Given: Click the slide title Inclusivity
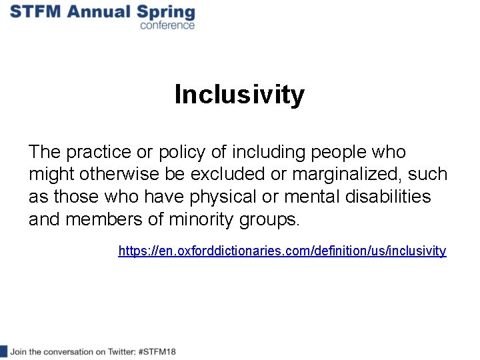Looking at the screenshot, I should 239,95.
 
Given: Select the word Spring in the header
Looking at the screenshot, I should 167,13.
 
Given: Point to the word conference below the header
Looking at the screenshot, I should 167,25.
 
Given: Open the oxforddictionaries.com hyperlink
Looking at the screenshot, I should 282,251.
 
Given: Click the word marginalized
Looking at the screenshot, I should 344,175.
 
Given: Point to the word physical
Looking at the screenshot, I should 246,197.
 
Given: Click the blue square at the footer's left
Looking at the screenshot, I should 3,351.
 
